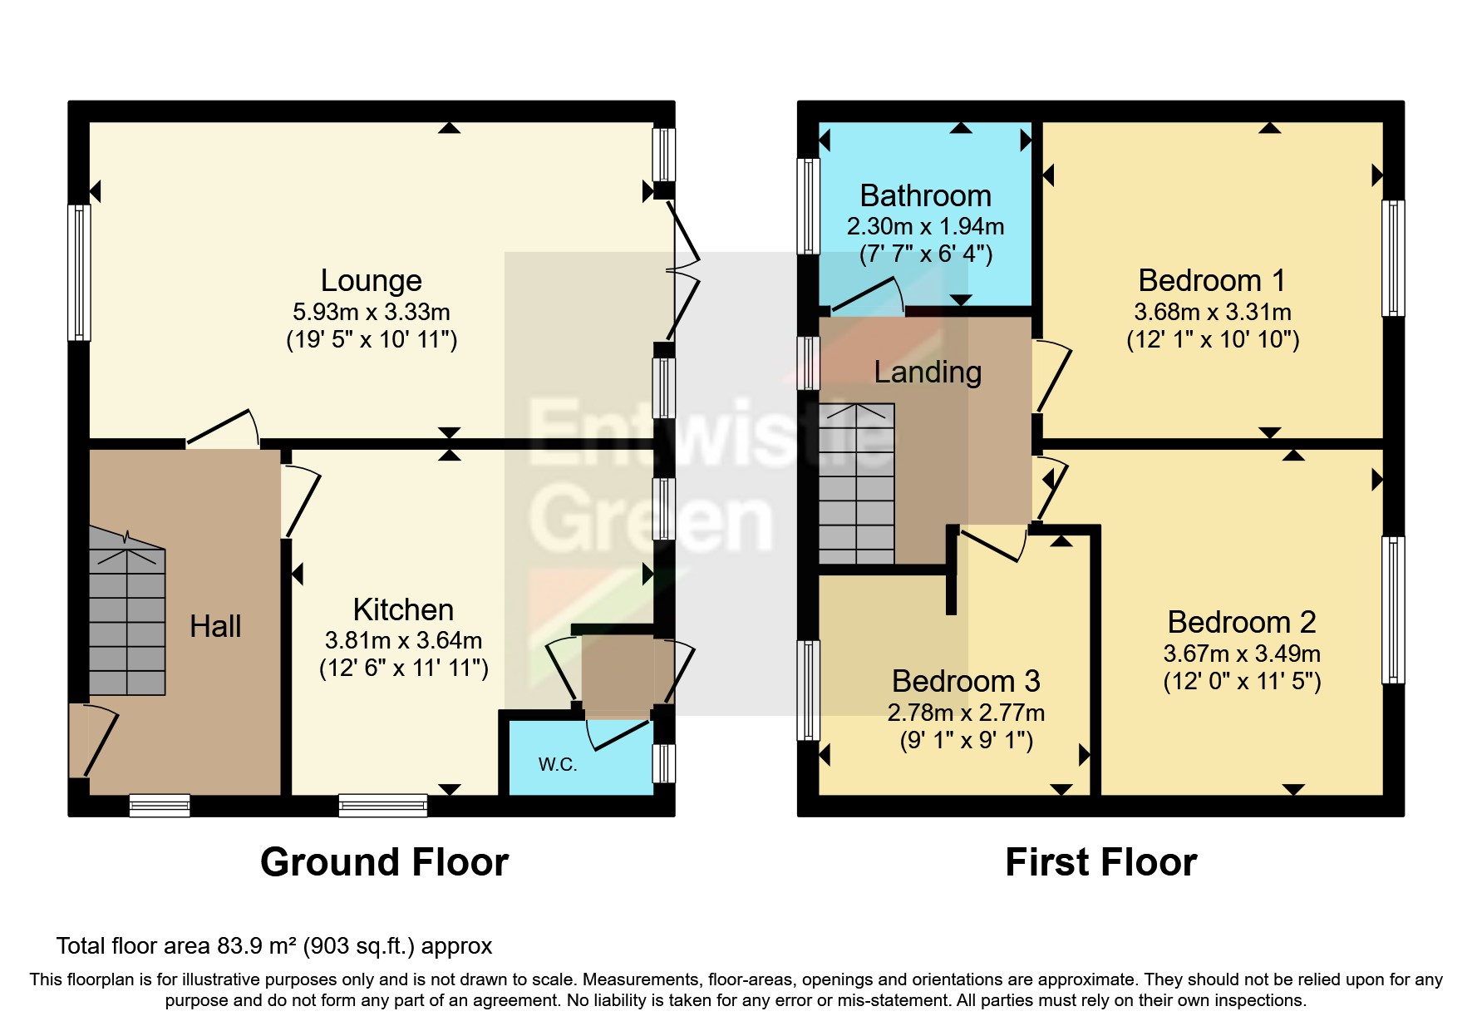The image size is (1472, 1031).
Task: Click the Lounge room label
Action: click(x=371, y=281)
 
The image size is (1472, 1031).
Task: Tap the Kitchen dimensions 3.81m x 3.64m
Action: click(x=403, y=641)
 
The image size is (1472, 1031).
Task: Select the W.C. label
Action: click(x=557, y=765)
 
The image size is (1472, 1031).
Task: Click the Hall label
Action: click(x=215, y=626)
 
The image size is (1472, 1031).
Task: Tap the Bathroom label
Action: click(x=925, y=196)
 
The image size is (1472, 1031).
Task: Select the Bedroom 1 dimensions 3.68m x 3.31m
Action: click(x=1212, y=313)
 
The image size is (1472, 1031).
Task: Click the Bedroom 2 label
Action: click(x=1241, y=622)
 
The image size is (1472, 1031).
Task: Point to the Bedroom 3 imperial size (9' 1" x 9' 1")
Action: click(x=966, y=741)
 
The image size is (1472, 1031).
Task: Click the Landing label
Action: click(x=928, y=372)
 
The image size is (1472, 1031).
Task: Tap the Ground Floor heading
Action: click(x=384, y=862)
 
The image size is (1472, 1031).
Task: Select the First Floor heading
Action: click(x=1100, y=862)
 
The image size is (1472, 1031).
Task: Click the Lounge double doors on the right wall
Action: click(x=684, y=270)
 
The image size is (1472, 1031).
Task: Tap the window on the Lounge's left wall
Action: click(x=79, y=273)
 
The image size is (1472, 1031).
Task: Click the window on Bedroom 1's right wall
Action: click(x=1393, y=258)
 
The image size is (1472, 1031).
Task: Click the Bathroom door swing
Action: click(x=869, y=298)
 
